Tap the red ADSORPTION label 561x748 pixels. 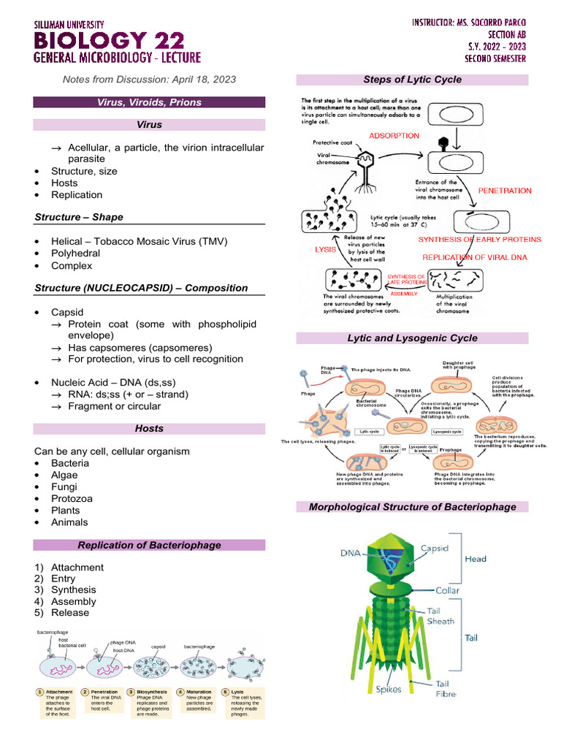point(394,136)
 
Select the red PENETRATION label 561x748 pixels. point(505,191)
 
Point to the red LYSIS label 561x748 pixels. point(325,249)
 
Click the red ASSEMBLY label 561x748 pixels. point(403,293)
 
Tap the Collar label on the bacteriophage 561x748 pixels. point(447,589)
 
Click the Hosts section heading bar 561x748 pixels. point(149,428)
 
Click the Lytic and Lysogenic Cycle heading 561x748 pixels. point(412,338)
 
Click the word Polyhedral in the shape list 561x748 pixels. point(75,253)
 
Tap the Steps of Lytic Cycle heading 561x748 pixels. point(412,80)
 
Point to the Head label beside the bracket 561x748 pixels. point(476,559)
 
